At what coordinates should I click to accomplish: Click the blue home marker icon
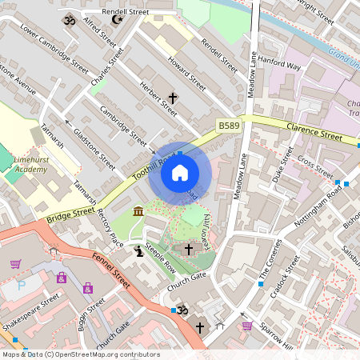click(x=180, y=172)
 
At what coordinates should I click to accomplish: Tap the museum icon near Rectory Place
click(x=138, y=211)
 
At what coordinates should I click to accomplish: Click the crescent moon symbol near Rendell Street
click(x=117, y=18)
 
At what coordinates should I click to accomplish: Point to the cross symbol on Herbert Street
click(x=172, y=98)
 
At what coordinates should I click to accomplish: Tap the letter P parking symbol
click(x=22, y=284)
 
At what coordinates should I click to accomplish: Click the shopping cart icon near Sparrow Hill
click(x=247, y=326)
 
